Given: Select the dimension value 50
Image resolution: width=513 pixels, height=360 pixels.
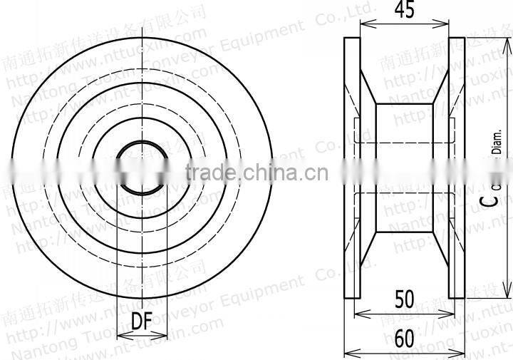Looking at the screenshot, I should [404, 299].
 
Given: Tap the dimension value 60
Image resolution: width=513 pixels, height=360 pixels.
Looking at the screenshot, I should [404, 339].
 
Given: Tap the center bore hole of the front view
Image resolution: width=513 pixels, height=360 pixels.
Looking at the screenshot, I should [140, 168].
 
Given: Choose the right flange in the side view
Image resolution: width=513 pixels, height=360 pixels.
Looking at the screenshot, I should [457, 168].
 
